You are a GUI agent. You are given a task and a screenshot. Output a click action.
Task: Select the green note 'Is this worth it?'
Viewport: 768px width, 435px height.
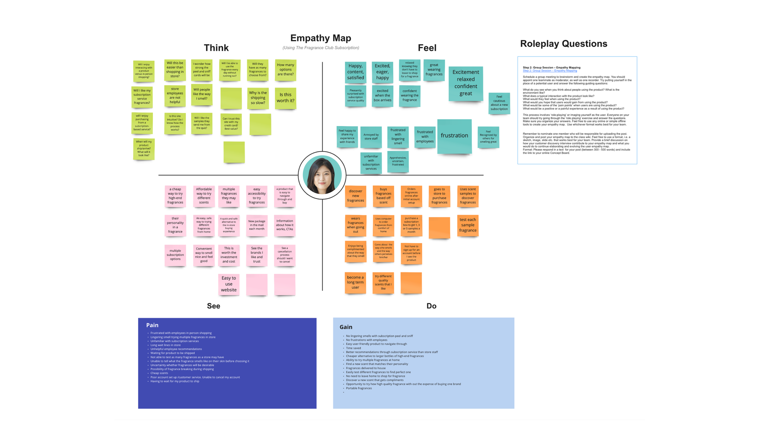click(285, 98)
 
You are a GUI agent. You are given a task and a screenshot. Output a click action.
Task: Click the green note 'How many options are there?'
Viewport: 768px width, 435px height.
click(285, 70)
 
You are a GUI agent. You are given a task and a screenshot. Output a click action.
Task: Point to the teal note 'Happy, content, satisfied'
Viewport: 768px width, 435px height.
click(355, 72)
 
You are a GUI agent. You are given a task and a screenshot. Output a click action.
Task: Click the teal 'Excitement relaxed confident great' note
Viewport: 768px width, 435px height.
click(465, 83)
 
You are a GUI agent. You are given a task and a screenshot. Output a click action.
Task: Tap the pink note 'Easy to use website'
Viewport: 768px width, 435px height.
click(229, 284)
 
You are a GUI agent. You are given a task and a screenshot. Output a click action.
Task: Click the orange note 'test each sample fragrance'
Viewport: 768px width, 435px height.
click(468, 225)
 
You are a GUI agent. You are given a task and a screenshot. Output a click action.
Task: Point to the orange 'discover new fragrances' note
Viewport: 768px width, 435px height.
click(355, 196)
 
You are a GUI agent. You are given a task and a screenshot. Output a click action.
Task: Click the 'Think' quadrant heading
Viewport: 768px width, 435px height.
click(216, 48)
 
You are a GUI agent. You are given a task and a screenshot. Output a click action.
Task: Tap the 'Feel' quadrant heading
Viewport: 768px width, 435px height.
click(427, 48)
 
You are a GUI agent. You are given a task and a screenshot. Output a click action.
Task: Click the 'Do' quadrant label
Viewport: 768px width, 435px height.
click(431, 306)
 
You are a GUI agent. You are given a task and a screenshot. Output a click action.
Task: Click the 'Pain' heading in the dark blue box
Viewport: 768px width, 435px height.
click(152, 325)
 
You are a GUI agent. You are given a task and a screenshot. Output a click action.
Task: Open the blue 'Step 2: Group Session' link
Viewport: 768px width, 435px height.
click(550, 71)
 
